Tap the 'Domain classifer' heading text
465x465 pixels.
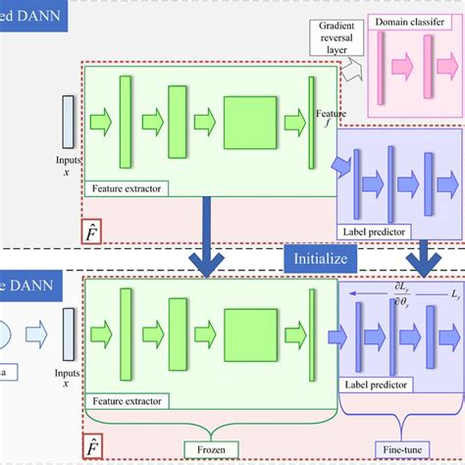[414, 21]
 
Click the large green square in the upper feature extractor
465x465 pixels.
[250, 123]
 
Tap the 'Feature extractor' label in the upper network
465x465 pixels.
[126, 187]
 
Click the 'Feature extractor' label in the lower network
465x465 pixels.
[126, 400]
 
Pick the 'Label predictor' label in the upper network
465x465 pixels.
[385, 232]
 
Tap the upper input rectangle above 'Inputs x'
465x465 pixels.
[68, 121]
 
